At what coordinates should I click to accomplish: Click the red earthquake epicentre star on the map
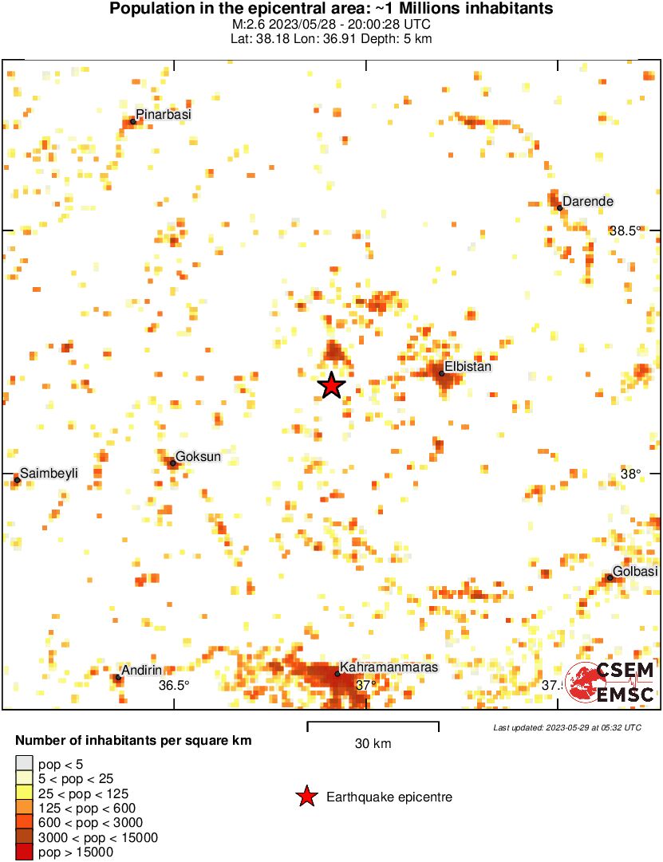[x=331, y=386]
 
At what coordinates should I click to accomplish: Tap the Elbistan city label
[x=468, y=367]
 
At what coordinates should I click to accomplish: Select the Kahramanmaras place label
[x=389, y=667]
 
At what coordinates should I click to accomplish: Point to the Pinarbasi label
[x=164, y=115]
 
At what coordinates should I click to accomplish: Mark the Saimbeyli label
[x=49, y=473]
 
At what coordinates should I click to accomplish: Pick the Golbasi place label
[x=635, y=573]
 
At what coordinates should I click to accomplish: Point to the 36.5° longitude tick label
[x=173, y=685]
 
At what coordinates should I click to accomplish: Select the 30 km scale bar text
[x=373, y=744]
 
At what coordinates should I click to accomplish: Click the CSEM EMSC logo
[x=610, y=683]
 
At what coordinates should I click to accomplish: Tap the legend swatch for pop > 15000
[x=25, y=852]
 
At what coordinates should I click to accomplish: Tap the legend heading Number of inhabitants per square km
[x=133, y=741]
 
